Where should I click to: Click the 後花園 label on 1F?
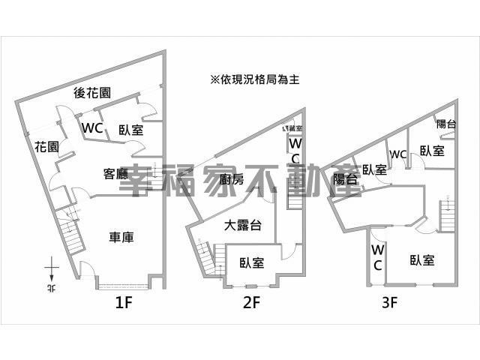(93, 93)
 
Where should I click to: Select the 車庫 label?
(121, 238)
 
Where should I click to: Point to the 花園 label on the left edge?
(46, 147)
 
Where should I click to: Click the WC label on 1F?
(92, 128)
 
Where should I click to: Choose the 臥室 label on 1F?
(131, 129)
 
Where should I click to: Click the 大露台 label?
(241, 224)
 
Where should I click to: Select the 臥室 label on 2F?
(252, 262)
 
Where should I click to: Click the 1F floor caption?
(124, 304)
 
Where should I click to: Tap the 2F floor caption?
(250, 304)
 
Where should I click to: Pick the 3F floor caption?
(388, 304)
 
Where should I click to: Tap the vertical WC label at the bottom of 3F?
(377, 257)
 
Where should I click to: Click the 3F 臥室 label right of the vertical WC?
(422, 260)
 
